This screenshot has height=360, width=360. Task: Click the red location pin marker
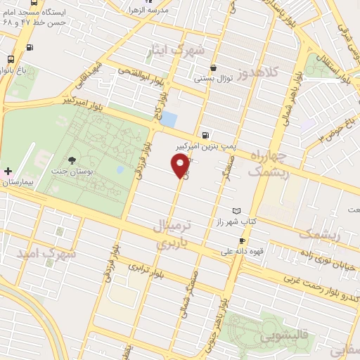[181, 166]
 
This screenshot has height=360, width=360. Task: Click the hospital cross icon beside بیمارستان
[8, 171]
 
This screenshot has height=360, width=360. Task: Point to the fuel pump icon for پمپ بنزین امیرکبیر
[204, 136]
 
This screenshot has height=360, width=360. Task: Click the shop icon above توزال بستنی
[212, 68]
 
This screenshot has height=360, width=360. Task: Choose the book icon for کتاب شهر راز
[236, 211]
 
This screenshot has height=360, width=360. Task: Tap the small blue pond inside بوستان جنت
[120, 169]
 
